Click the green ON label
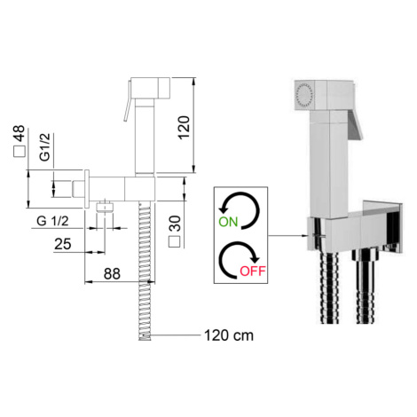pos(228,222)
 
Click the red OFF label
pos(253,271)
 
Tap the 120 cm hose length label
pos(229,335)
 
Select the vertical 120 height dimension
pos(184,128)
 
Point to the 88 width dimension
pos(112,274)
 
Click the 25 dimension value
pos(63,244)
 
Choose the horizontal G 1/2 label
pos(52,221)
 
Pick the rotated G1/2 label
pos(45,147)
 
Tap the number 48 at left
pos(20,133)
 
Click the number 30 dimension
pos(175,224)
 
